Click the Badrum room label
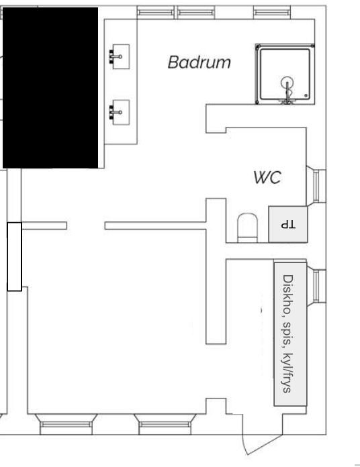tap(199, 62)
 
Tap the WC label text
tap(267, 177)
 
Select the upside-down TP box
tap(288, 224)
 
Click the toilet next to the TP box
tap(247, 227)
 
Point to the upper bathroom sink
tap(120, 56)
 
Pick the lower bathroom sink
tap(120, 112)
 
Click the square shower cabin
tap(285, 74)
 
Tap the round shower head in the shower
tap(287, 83)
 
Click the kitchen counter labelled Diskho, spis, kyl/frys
tap(291, 334)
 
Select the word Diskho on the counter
tap(288, 295)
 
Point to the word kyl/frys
tap(288, 373)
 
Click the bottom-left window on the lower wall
tap(66, 424)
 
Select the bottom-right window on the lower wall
tap(165, 424)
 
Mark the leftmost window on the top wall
tap(155, 13)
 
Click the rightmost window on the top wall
tap(272, 13)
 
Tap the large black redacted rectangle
tap(50, 88)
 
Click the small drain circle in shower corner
tap(306, 95)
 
